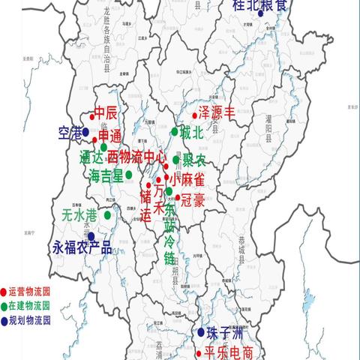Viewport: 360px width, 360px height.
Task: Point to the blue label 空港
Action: (x=70, y=133)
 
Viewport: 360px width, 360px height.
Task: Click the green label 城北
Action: (x=191, y=133)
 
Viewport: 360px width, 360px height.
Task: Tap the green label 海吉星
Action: (x=106, y=175)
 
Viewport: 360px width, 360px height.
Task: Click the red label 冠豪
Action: (x=190, y=200)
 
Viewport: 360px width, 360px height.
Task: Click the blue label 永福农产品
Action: (x=82, y=247)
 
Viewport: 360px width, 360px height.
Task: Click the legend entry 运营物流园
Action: (x=29, y=292)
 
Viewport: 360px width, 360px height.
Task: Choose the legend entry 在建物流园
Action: (x=29, y=306)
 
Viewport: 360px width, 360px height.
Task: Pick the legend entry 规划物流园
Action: (x=29, y=319)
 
